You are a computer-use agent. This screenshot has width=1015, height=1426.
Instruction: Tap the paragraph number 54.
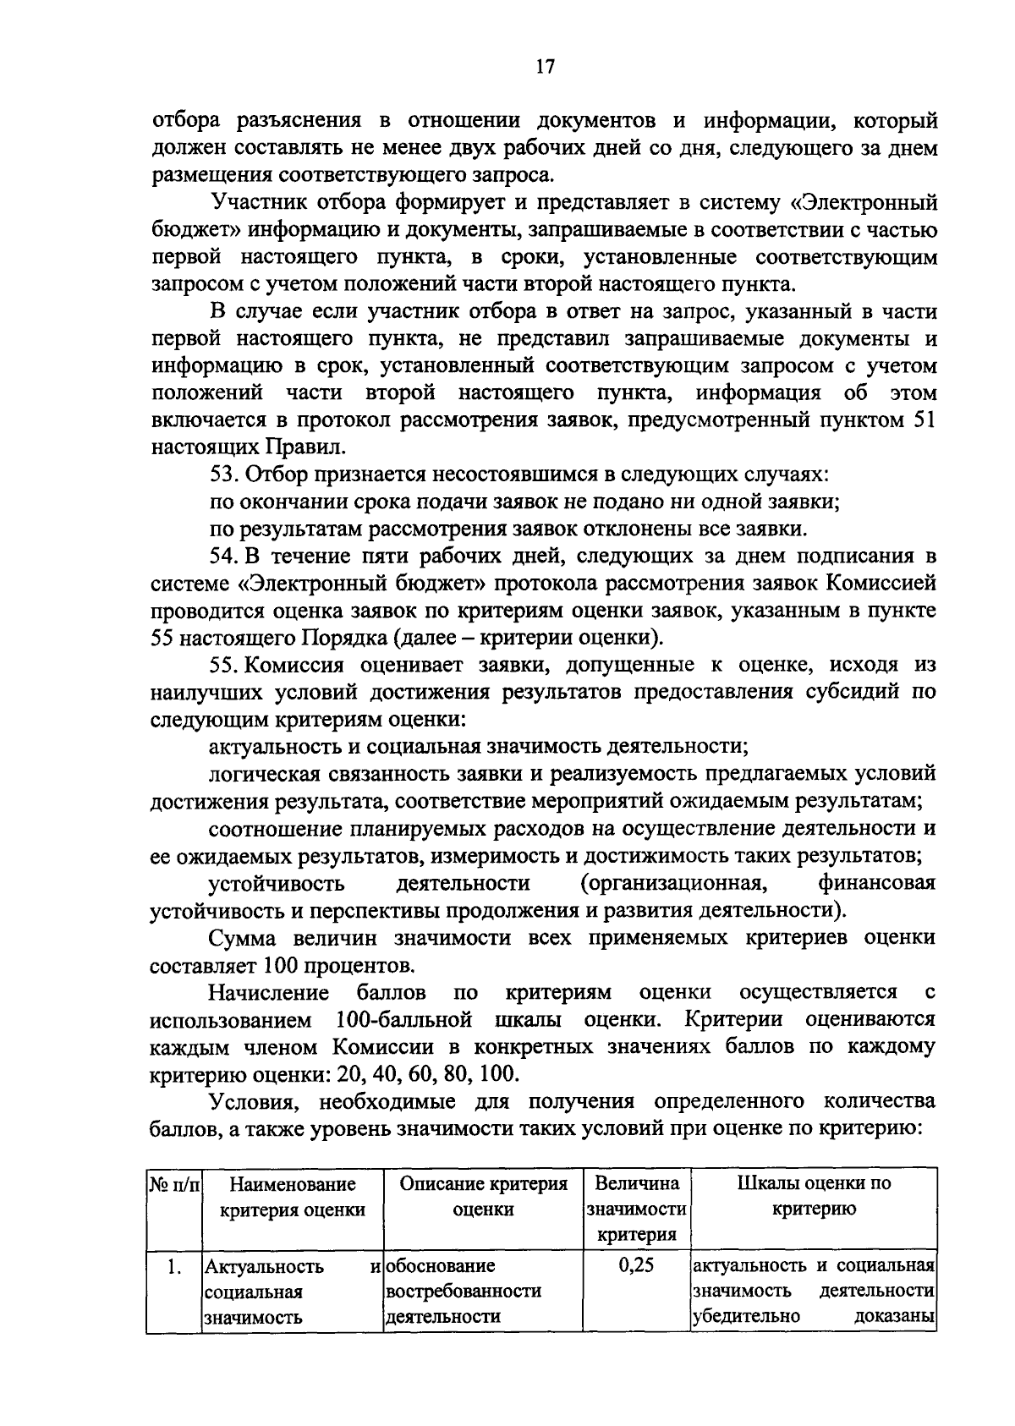[x=224, y=557]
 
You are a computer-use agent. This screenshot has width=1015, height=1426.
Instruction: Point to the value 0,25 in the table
[x=637, y=1266]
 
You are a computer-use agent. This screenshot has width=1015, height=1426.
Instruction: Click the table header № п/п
[x=173, y=1184]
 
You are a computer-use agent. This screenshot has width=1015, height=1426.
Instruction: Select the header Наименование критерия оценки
[x=292, y=1197]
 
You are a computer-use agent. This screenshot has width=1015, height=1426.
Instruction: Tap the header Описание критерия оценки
[x=483, y=1197]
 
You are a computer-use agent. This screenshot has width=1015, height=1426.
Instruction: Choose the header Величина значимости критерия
[x=637, y=1209]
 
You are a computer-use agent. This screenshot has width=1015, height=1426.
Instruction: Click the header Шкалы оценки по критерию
[x=814, y=1197]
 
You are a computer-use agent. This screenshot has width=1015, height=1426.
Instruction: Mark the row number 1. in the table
[x=173, y=1267]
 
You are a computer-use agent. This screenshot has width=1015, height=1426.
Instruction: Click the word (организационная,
[x=674, y=884]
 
